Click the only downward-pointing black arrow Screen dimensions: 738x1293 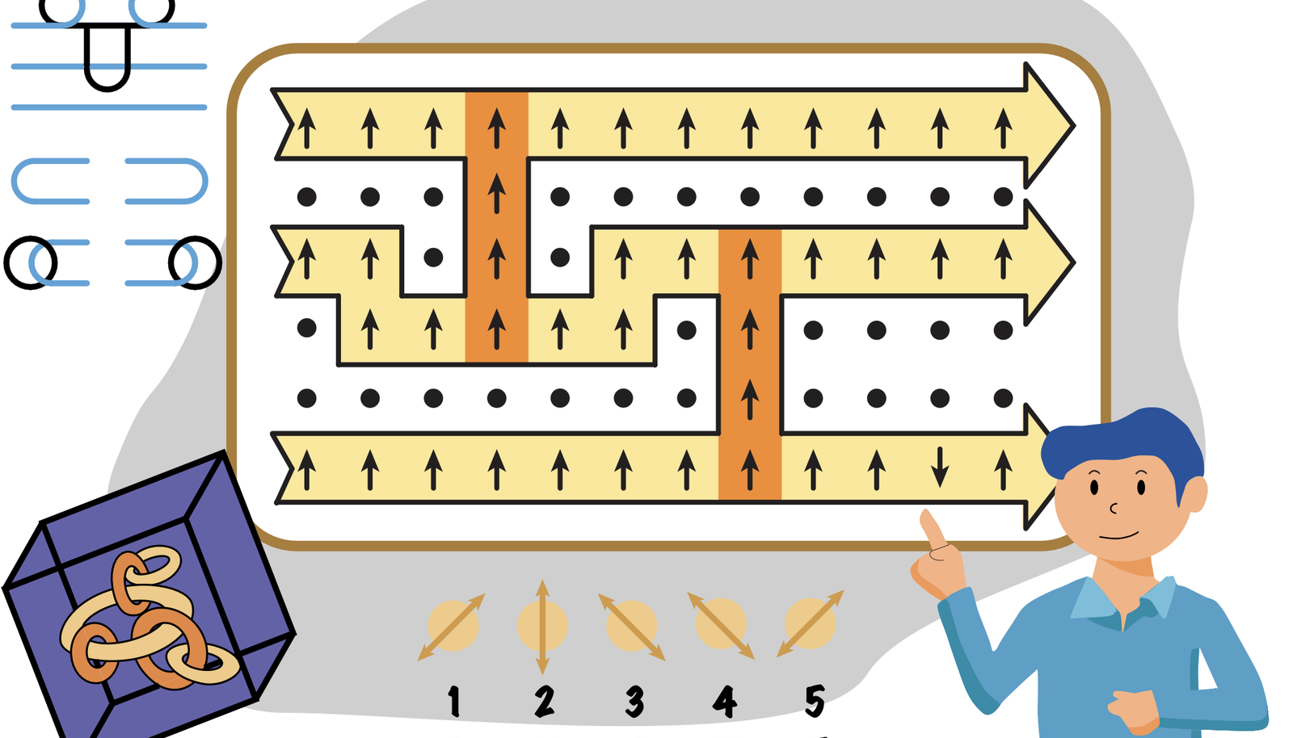[x=940, y=466]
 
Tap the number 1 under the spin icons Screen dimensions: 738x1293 [x=454, y=701]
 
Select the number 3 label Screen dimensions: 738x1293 [x=635, y=701]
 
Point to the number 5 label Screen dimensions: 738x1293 [x=815, y=700]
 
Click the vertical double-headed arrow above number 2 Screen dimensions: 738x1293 [x=542, y=626]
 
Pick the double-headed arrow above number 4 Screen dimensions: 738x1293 [x=721, y=626]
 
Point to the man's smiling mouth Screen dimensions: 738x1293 [x=1118, y=535]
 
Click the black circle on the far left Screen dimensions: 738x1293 [x=31, y=262]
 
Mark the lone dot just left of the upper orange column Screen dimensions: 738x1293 [x=433, y=258]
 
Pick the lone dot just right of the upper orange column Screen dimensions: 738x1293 [x=560, y=258]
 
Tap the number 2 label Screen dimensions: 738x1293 [x=545, y=701]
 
